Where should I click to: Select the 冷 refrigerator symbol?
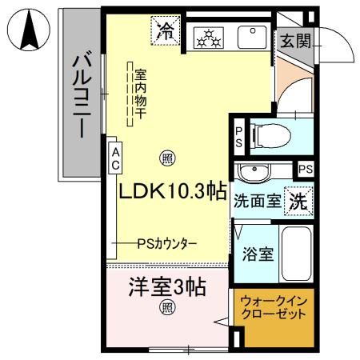166,32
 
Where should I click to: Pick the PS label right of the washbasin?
305,170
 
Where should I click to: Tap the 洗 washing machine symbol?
299,200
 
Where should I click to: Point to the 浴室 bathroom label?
258,256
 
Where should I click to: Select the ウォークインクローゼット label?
274,309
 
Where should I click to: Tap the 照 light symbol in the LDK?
167,158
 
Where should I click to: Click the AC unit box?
115,158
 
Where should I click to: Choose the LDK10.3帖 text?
172,193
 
